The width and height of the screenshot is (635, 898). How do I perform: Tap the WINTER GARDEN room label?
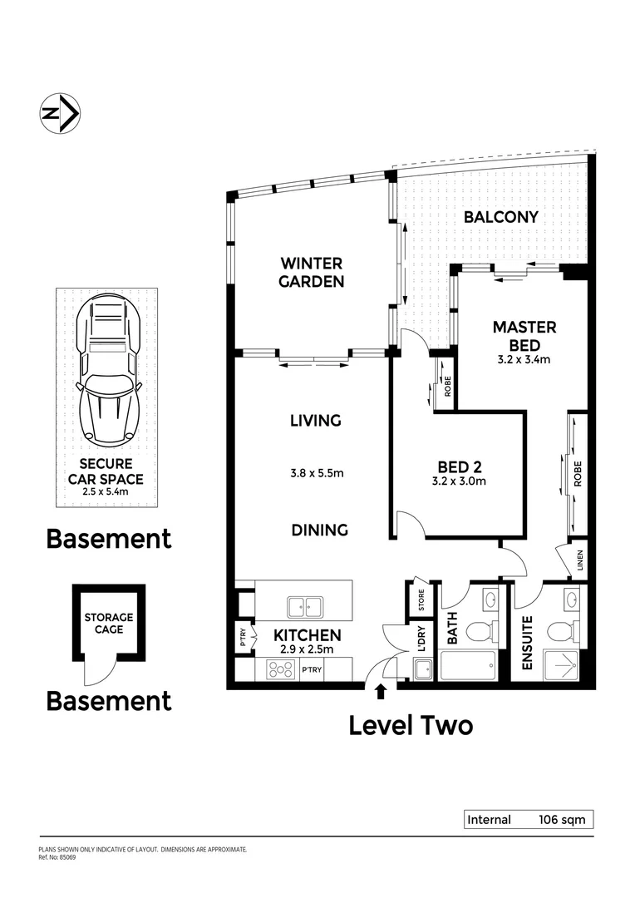[x=311, y=272]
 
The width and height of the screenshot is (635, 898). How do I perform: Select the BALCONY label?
[x=500, y=217]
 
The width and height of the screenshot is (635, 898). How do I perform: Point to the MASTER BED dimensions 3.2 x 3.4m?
[x=523, y=360]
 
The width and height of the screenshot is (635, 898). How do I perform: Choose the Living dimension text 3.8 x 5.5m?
[x=316, y=473]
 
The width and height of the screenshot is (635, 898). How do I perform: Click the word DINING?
[x=319, y=530]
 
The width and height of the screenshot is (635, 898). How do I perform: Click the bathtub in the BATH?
[x=467, y=667]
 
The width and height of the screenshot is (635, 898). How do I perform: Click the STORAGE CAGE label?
[x=108, y=623]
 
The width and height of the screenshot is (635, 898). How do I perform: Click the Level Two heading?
[x=411, y=725]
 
